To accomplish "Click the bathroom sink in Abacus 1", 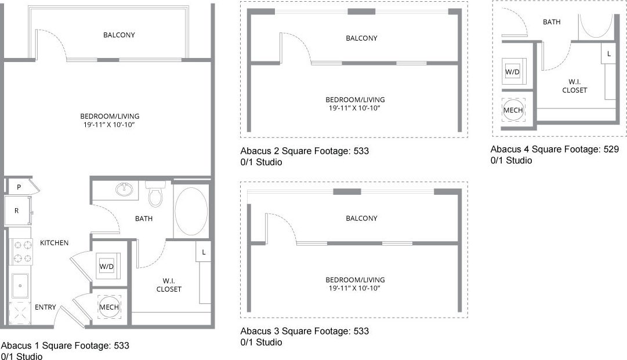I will pos(124,188).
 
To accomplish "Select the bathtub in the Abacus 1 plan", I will pos(191,211).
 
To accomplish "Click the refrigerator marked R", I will pos(17,211).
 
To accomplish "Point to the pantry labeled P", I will pos(19,187).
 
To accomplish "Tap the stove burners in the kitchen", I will pos(20,252).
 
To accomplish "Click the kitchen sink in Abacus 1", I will pos(21,285).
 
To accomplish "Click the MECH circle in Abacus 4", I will pos(513,110).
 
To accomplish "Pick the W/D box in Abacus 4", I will pos(513,72).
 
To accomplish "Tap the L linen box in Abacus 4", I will pos(608,53).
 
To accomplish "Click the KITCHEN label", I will pos(54,243).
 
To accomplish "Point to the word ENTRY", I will pos(45,307).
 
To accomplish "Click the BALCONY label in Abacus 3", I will pos(361,219).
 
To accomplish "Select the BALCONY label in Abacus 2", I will pos(361,38).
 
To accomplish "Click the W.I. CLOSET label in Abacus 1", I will pos(169,285).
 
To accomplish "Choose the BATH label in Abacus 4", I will pos(552,22).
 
